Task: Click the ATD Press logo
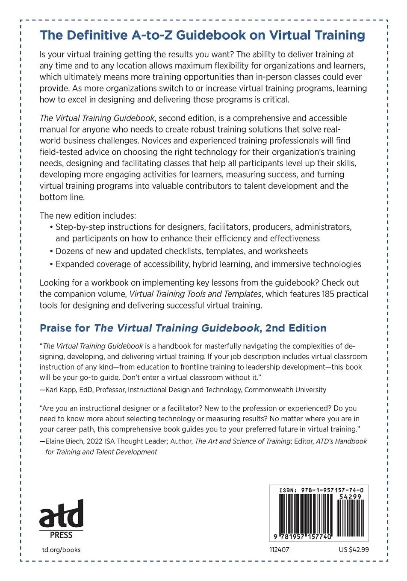[x=61, y=519]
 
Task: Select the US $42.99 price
[x=354, y=550]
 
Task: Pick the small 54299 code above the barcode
[x=350, y=497]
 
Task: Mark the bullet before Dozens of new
[x=51, y=251]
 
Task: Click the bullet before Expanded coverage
[x=51, y=264]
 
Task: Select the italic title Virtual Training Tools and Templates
[x=195, y=294]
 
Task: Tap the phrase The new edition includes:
[x=88, y=216]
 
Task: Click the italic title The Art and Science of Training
[x=242, y=441]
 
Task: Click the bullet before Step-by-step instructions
[x=51, y=227]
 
